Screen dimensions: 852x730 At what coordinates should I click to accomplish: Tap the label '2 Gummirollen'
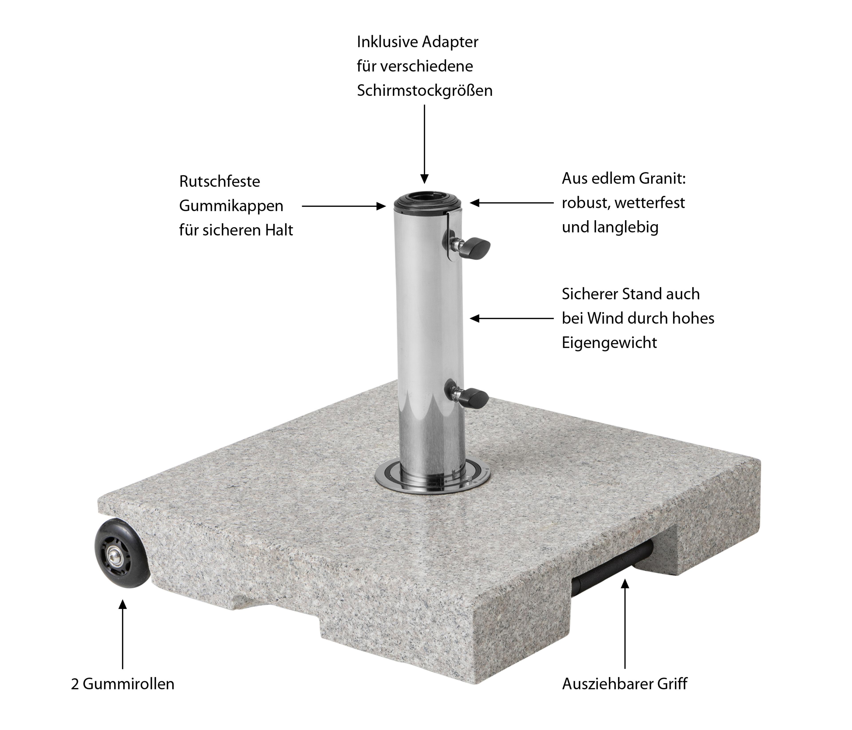122,684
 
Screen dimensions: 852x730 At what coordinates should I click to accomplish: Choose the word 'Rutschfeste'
220,181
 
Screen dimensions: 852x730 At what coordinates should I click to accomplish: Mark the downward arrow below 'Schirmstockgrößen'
424,144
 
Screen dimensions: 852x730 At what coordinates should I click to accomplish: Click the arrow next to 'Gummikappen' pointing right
344,206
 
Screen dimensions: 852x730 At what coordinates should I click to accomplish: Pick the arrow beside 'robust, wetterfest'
512,203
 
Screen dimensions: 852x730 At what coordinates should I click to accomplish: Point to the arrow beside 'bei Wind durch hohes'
512,318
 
